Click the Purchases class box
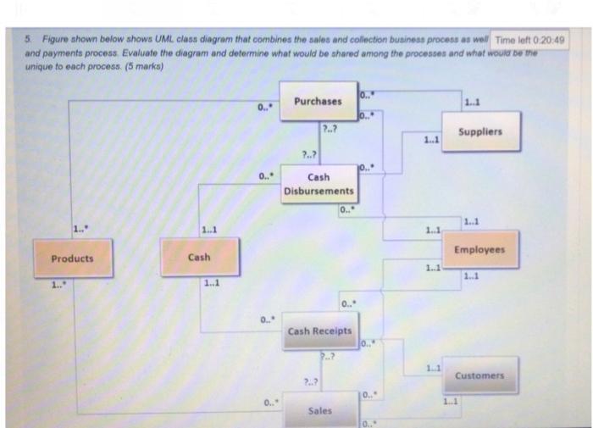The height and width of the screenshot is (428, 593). (318, 101)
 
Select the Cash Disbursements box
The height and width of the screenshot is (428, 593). (319, 184)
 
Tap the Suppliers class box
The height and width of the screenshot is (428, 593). (480, 132)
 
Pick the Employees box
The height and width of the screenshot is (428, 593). (479, 250)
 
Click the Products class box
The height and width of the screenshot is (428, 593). (73, 258)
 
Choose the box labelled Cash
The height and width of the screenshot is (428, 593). (199, 257)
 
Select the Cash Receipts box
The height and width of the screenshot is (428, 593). (319, 331)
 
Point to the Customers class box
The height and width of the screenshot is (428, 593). (479, 375)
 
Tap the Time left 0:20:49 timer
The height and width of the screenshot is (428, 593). (531, 40)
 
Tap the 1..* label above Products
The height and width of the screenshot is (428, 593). (80, 228)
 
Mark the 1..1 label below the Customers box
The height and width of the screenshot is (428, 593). (449, 403)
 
